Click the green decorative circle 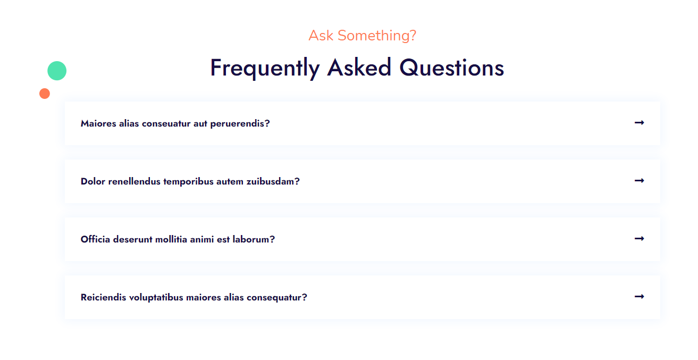coord(57,71)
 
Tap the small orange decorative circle coord(45,94)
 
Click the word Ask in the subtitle coord(321,36)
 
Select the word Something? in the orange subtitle coord(377,36)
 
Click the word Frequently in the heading coord(265,68)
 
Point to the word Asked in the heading coord(359,68)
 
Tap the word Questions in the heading coord(452,68)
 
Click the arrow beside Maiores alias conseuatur coord(639,123)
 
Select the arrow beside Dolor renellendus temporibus coord(639,181)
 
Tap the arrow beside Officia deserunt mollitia coord(639,239)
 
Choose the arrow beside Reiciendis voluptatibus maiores coord(639,297)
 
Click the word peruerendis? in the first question coord(240,124)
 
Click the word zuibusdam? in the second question coord(273,181)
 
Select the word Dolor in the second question coord(93,181)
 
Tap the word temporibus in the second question coord(189,182)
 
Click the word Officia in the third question coord(95,239)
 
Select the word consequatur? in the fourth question coord(277,298)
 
